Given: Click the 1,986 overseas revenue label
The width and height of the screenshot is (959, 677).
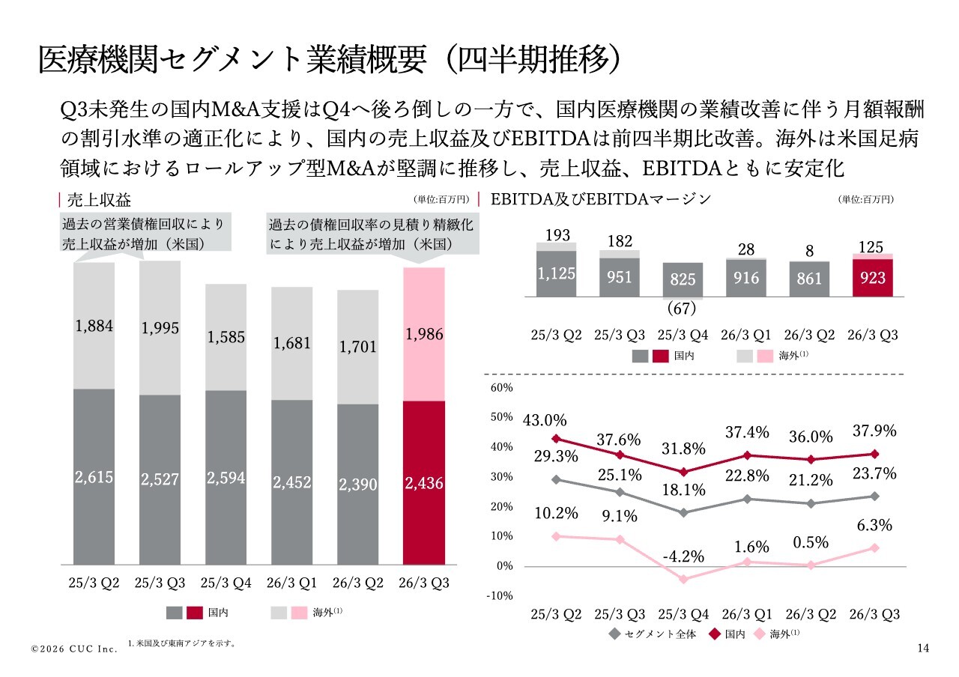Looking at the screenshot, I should pos(424,335).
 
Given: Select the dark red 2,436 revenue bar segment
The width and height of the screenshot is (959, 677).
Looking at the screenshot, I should pos(424,483).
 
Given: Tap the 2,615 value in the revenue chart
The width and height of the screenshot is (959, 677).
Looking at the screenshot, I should pos(94,478).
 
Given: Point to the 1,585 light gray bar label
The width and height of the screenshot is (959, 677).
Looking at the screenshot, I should pos(226,337).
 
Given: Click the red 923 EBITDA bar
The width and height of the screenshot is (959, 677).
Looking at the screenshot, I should pos(873,278).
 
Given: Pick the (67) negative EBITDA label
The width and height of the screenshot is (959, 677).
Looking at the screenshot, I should pos(682,309).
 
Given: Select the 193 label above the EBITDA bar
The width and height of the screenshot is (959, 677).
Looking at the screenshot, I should pos(557,235).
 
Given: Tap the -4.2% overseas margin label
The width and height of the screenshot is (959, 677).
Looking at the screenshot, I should pos(683,556).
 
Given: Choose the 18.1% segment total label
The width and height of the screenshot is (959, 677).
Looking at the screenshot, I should pos(683,490).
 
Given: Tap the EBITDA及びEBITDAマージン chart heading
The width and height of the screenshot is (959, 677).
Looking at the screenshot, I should pos(599,199).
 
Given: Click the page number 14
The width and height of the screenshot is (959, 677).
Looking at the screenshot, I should pos(923,648).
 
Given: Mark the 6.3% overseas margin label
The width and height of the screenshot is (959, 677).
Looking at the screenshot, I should pos(874,526).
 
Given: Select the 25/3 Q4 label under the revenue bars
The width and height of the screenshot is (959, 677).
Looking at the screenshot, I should pos(226,583).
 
